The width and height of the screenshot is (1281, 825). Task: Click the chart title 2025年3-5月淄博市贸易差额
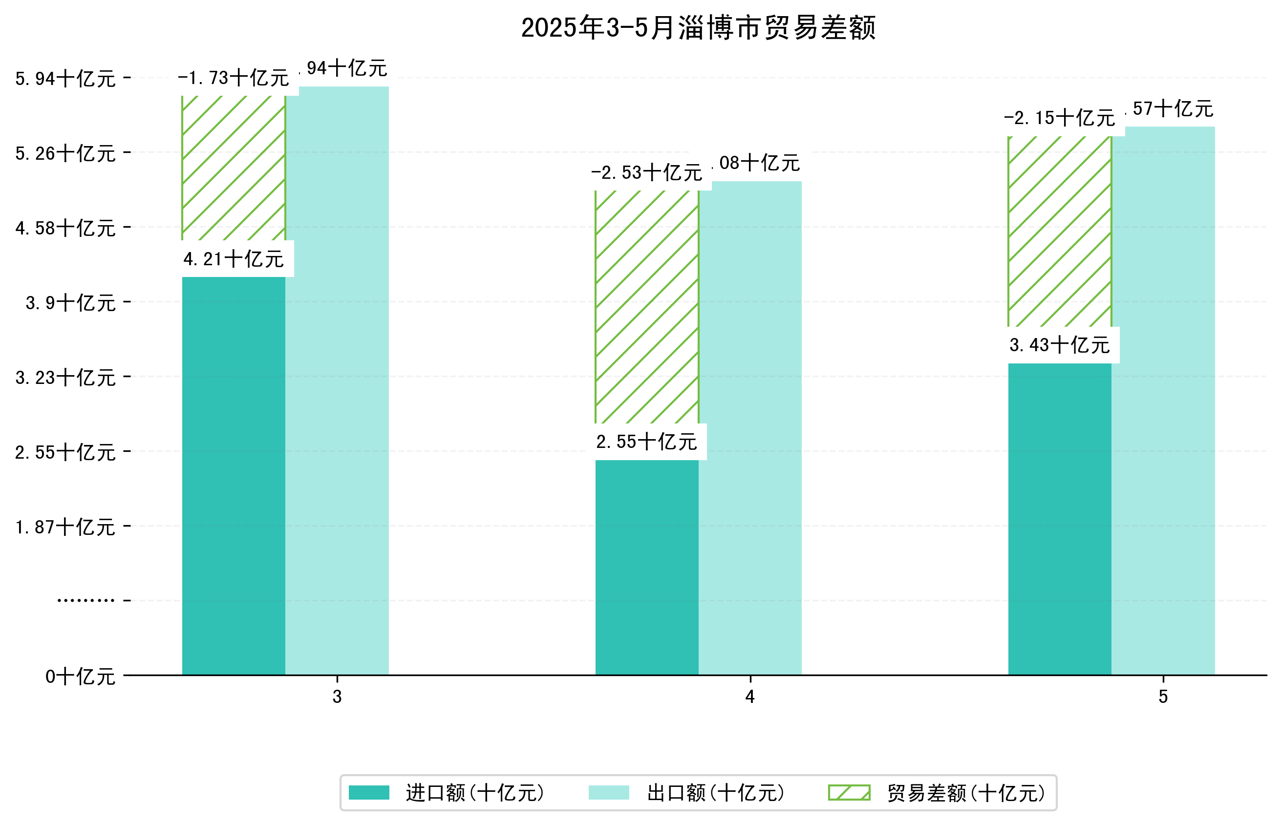coord(698,28)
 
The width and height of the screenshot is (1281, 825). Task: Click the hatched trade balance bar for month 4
coord(646,306)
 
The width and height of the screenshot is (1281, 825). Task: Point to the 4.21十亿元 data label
coord(233,259)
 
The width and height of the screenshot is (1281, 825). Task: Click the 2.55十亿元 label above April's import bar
coord(646,442)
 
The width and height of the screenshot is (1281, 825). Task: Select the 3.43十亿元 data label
coord(1059,345)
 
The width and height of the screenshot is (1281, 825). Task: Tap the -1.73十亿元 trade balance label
coord(233,78)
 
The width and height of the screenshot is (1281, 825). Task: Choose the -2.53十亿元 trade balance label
coord(646,173)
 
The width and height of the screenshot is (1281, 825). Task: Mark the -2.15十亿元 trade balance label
coord(1059,118)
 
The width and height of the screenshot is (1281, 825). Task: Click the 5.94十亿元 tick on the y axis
coord(65,79)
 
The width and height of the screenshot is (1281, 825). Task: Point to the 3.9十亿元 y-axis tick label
coord(71,303)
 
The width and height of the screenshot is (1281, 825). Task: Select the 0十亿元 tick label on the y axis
coord(80,677)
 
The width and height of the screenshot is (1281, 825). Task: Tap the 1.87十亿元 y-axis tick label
coord(65,527)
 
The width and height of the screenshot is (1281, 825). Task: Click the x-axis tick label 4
coord(749,697)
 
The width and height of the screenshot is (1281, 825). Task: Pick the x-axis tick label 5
coord(1163,697)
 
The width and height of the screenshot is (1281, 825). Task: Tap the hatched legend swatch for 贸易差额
coord(849,793)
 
